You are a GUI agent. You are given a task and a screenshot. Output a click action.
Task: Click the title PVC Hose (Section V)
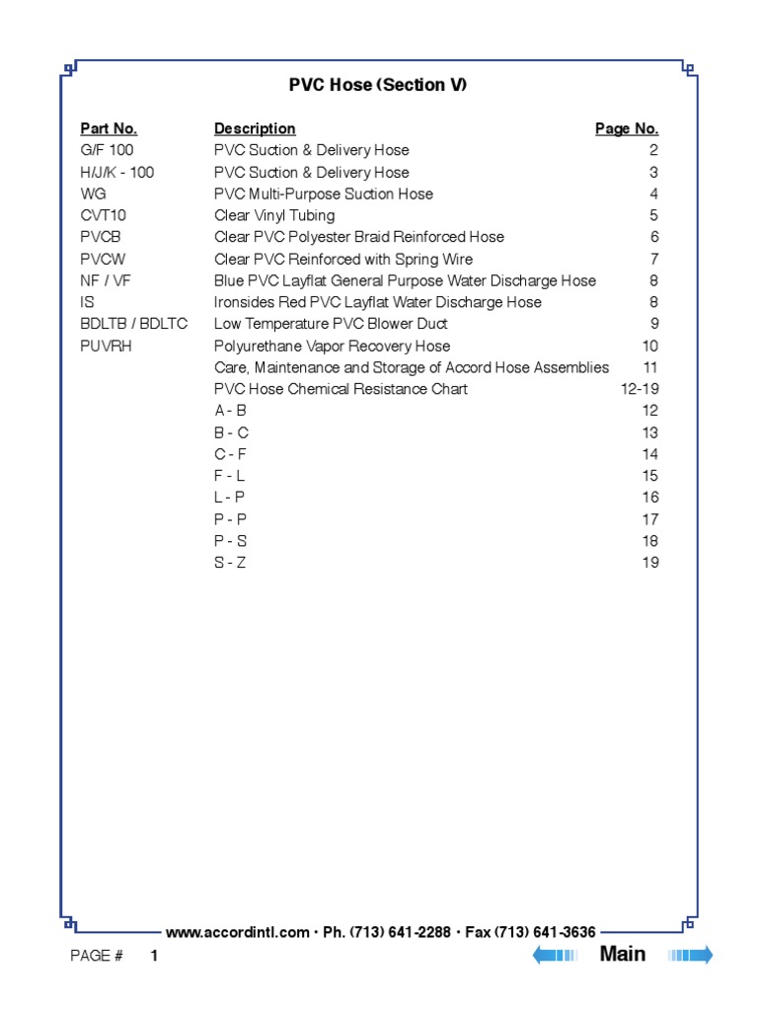[x=378, y=85]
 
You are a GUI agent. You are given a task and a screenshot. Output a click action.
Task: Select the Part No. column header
[x=109, y=128]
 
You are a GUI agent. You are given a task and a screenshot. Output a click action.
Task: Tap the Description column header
[x=255, y=128]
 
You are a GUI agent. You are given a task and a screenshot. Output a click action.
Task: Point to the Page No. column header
[x=627, y=128]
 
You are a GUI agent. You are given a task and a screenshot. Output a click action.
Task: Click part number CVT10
[x=104, y=215]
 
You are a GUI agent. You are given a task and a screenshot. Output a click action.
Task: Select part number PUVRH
[x=107, y=346]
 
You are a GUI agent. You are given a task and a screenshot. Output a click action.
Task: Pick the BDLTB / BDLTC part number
[x=133, y=324]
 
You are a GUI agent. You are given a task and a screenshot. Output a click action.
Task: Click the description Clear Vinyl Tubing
[x=274, y=215]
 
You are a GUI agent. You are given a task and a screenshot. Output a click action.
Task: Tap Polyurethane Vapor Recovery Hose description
[x=332, y=346]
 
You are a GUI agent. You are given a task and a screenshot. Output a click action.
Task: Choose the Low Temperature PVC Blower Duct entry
[x=331, y=324]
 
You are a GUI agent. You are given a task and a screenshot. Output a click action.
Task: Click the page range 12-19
[x=640, y=389]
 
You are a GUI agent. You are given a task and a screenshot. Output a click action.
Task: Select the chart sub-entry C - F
[x=230, y=454]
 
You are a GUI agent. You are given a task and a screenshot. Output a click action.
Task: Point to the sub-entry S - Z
[x=230, y=563]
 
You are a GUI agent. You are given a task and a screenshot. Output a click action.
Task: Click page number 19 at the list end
[x=650, y=563]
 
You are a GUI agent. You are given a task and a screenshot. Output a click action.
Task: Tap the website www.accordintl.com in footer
[x=238, y=932]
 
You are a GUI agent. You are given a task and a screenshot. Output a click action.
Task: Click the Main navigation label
[x=623, y=954]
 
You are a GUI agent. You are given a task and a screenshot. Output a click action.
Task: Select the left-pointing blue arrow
[x=555, y=955]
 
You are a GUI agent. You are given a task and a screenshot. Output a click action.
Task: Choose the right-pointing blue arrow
[x=691, y=955]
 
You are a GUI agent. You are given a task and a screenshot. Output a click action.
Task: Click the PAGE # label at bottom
[x=97, y=956]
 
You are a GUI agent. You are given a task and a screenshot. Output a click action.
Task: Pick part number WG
[x=93, y=194]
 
